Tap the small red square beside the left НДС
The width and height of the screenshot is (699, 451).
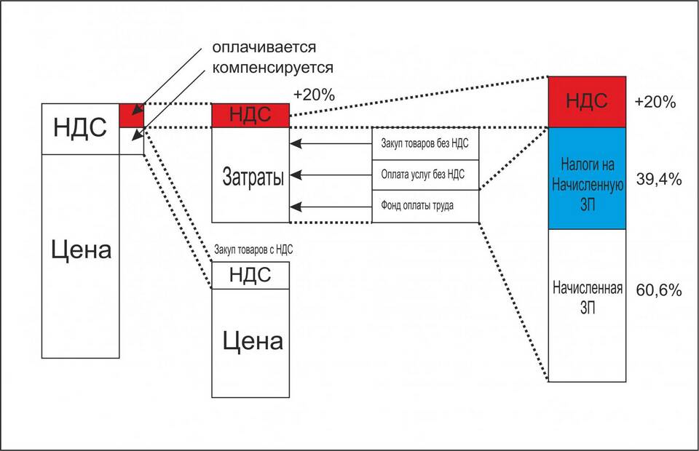(x=132, y=116)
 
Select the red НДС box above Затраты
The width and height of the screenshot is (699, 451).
(x=250, y=115)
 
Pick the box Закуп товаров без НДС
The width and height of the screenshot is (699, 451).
(x=425, y=143)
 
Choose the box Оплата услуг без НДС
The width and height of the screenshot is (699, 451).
(x=425, y=175)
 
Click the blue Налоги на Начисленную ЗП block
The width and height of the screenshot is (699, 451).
(x=587, y=178)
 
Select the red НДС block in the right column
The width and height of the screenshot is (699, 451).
(x=587, y=101)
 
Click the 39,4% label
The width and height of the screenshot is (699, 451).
(x=658, y=179)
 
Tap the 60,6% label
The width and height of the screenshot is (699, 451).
(x=658, y=290)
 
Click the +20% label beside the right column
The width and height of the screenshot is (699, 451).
(x=655, y=102)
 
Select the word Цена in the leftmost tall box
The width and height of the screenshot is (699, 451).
(x=81, y=252)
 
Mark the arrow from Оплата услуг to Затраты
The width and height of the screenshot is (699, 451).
(x=331, y=175)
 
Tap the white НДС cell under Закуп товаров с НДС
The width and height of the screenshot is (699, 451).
(x=250, y=275)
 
